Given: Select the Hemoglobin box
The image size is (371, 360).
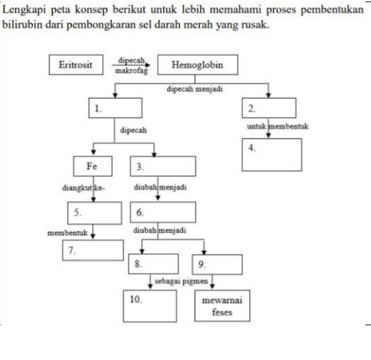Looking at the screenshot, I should (x=197, y=66).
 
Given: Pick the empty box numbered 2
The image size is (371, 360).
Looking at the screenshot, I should (x=269, y=109).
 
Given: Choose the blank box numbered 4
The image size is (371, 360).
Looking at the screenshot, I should (x=271, y=155).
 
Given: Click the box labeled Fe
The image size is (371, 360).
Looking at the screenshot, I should (x=93, y=166).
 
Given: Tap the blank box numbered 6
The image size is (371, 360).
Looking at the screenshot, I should (x=163, y=212).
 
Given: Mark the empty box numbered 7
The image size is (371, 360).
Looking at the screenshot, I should (x=93, y=250).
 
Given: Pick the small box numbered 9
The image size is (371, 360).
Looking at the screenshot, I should (x=209, y=265).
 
